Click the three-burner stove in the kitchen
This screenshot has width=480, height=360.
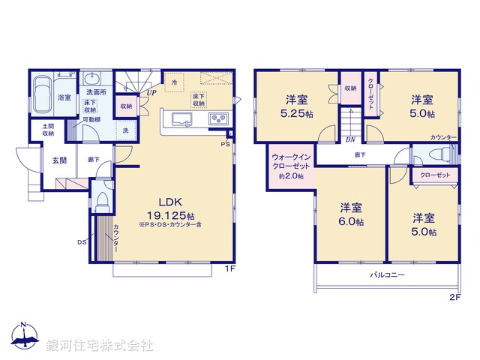[x=218, y=118]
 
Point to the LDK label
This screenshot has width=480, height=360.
[x=166, y=201]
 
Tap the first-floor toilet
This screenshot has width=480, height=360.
[x=101, y=202]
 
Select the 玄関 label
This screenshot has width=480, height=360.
[x=60, y=159]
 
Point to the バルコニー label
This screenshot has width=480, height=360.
[x=388, y=275]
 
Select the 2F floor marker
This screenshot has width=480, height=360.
[x=454, y=297]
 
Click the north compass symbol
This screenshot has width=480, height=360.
[x=24, y=339]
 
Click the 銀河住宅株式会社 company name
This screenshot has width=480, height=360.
[x=100, y=346]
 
